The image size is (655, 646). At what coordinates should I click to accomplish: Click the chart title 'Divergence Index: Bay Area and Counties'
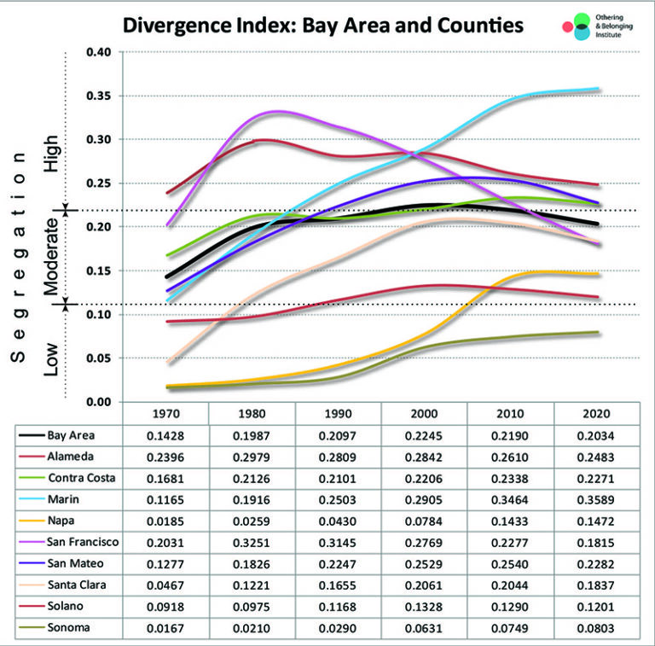click(x=322, y=25)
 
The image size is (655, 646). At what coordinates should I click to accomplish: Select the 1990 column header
click(x=338, y=413)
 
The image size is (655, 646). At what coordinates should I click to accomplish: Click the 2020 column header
click(x=596, y=413)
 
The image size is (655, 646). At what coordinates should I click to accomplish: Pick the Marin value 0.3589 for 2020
click(x=596, y=500)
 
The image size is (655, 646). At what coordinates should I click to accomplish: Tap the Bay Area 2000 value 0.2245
click(x=424, y=434)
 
